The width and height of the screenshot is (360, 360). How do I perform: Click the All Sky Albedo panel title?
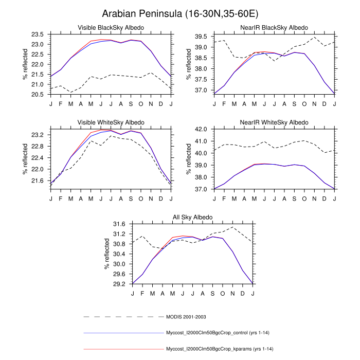pyautogui.click(x=192, y=217)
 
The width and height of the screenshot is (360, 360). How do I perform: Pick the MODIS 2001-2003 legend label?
pyautogui.click(x=186, y=316)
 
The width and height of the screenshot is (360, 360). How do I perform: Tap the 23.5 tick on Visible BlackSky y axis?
pyautogui.click(x=38, y=34)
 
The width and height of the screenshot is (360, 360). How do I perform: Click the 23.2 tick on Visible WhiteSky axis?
pyautogui.click(x=38, y=135)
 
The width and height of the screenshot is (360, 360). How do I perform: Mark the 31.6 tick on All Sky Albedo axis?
pyautogui.click(x=119, y=224)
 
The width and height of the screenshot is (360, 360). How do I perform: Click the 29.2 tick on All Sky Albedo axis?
pyautogui.click(x=119, y=284)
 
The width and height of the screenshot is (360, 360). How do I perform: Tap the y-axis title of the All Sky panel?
pyautogui.click(x=106, y=254)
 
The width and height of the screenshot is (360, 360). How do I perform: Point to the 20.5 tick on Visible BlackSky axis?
pyautogui.click(x=38, y=95)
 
